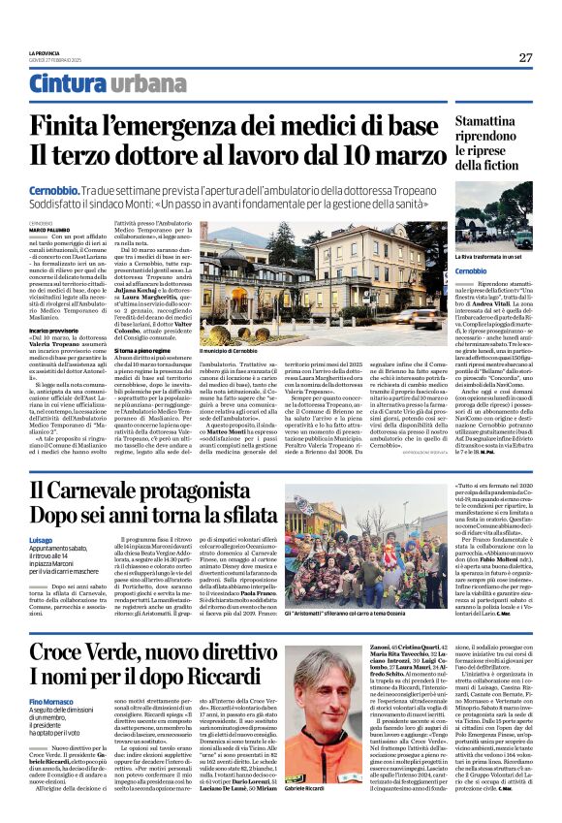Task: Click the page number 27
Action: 524,57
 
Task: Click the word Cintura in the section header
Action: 67,84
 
